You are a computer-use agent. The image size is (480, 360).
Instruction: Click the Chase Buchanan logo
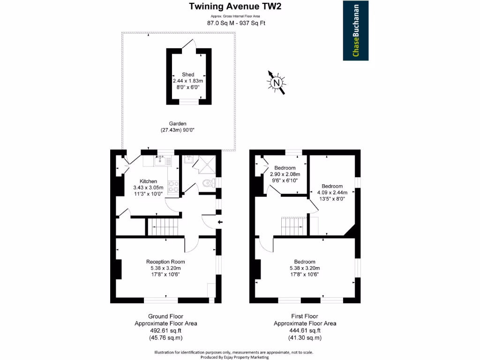pyautogui.click(x=355, y=30)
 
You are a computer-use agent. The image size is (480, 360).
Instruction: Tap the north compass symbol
pyautogui.click(x=277, y=82)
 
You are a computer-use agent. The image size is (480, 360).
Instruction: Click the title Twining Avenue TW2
pyautogui.click(x=235, y=6)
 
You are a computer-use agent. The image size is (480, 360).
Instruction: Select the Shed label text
pyautogui.click(x=188, y=75)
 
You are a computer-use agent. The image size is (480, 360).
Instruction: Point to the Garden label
pyautogui.click(x=178, y=124)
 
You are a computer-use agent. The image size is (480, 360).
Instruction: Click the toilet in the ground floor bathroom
pyautogui.click(x=209, y=183)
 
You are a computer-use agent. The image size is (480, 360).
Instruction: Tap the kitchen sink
pyautogui.click(x=160, y=160)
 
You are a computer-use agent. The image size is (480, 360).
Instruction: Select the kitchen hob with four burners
pyautogui.click(x=173, y=187)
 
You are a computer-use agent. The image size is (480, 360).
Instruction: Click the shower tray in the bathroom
pyautogui.click(x=207, y=165)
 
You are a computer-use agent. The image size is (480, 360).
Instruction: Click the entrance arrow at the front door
pyautogui.click(x=220, y=222)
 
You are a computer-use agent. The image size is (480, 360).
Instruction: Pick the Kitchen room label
pyautogui.click(x=148, y=181)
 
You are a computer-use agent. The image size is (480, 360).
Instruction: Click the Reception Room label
pyautogui.click(x=165, y=262)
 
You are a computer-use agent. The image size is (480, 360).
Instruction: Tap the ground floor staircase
pyautogui.click(x=163, y=226)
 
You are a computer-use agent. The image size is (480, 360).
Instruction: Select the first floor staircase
pyautogui.click(x=294, y=226)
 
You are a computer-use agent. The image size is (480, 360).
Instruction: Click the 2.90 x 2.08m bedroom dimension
pyautogui.click(x=285, y=174)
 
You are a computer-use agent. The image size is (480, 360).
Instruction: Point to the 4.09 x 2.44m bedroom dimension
pyautogui.click(x=332, y=193)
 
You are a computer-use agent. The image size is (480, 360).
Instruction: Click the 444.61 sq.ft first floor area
pyautogui.click(x=305, y=330)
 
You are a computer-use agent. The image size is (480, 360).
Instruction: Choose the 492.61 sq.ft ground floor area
pyautogui.click(x=165, y=330)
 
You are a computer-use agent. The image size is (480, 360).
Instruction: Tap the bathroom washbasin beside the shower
pyautogui.click(x=188, y=159)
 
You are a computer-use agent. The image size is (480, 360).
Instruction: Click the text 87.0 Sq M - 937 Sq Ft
pyautogui.click(x=236, y=23)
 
